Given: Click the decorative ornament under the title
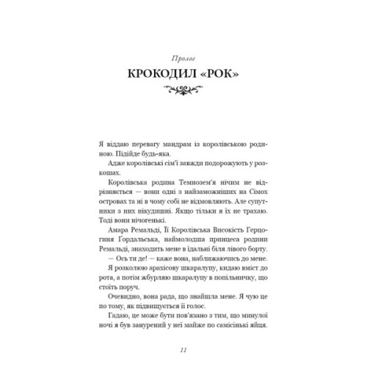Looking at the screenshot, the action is point(183,90).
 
